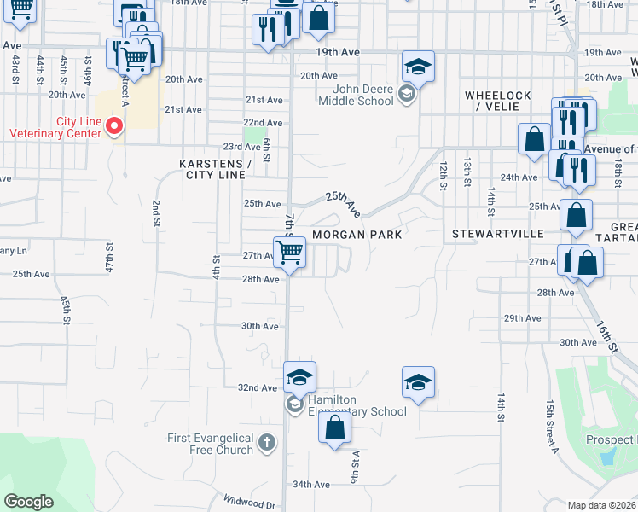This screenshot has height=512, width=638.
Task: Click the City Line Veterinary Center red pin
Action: click(x=115, y=127)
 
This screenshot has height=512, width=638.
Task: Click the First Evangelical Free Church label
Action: click(x=210, y=444)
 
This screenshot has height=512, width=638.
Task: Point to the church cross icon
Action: click(x=268, y=442)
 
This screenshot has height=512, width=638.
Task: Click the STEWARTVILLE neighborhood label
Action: click(x=485, y=232)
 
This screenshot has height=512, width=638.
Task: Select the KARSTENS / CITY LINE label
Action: click(x=212, y=169)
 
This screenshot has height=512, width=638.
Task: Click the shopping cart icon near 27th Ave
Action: click(x=290, y=253)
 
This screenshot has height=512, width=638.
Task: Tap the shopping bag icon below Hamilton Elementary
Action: click(x=334, y=428)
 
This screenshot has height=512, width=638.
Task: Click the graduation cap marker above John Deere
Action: click(x=418, y=67)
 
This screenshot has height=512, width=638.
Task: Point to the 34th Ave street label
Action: click(x=310, y=485)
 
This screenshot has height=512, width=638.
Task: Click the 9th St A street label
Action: click(x=351, y=467)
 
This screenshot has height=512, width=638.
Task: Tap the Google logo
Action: click(x=29, y=502)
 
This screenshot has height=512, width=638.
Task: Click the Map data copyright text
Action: click(x=602, y=505)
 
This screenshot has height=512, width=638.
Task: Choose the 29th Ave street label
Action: click(x=523, y=318)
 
